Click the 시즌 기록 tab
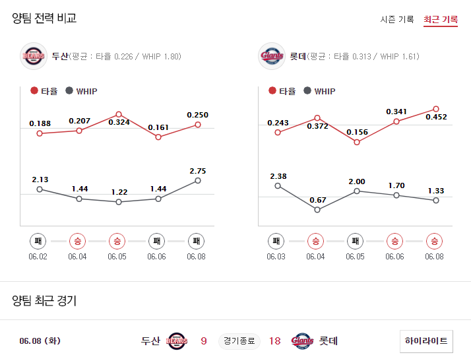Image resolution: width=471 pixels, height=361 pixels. click(x=397, y=19)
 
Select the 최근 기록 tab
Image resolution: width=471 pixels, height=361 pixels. click(x=441, y=19)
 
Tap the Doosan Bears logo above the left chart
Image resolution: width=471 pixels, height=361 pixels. click(x=33, y=56)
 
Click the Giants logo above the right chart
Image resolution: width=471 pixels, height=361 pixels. click(x=272, y=56)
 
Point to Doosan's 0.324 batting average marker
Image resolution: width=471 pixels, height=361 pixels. click(x=119, y=114)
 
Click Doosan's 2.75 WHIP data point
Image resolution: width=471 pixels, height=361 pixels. click(x=198, y=180)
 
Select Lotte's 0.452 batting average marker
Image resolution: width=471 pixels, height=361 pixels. click(x=436, y=109)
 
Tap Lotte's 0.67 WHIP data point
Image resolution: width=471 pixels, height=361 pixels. click(x=317, y=210)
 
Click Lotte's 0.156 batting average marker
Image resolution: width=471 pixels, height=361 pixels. click(x=357, y=142)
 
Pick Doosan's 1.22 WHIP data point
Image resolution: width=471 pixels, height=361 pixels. click(x=119, y=202)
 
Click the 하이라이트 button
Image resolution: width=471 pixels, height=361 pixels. click(x=426, y=341)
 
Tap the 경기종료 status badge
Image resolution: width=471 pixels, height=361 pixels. click(x=239, y=341)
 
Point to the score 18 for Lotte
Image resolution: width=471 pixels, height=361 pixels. click(x=274, y=341)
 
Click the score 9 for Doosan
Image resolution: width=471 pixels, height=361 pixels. click(x=204, y=341)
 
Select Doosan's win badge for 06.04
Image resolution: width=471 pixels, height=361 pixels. click(x=78, y=241)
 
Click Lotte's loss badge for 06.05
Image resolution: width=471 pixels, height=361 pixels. click(x=356, y=241)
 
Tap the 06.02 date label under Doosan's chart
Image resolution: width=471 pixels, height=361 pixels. click(x=38, y=257)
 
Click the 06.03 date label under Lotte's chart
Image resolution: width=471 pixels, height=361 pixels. click(x=276, y=257)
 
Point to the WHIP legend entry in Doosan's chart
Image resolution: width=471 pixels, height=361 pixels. click(x=81, y=91)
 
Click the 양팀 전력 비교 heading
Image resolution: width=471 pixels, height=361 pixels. click(x=44, y=18)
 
